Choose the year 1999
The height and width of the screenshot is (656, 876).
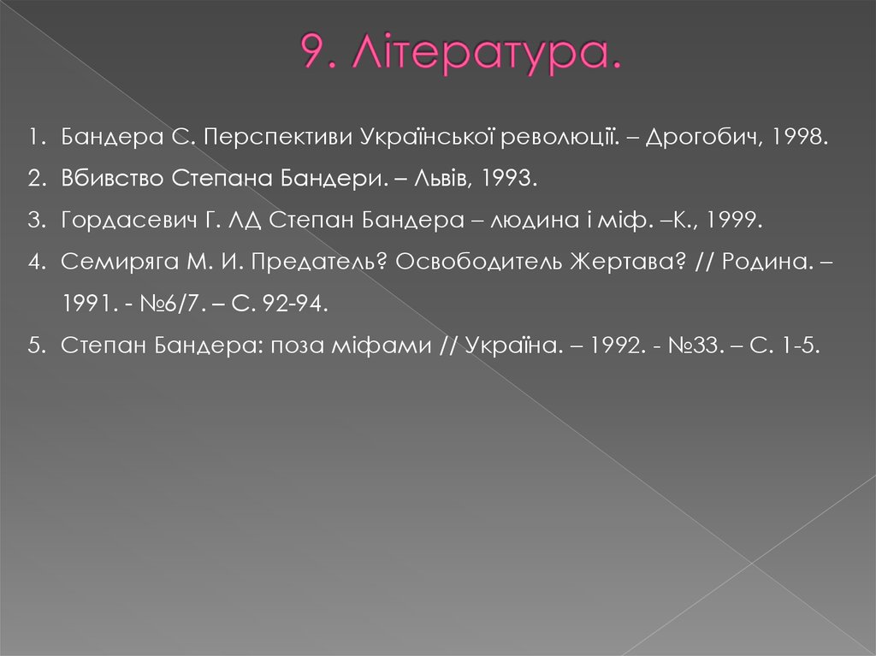coord(732,221)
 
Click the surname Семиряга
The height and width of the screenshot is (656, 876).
coord(114,262)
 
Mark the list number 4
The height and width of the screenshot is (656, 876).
coord(34,262)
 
